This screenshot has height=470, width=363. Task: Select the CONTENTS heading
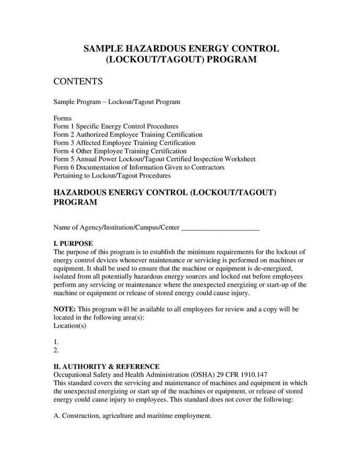pos(78,81)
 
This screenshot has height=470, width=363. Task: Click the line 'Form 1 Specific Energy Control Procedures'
pos(116,126)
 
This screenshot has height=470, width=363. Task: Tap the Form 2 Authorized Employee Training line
pos(128,135)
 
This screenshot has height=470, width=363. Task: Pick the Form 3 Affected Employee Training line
pos(124,143)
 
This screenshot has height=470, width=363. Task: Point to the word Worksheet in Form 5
pos(239,159)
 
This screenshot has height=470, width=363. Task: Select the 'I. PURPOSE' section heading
pos(74,243)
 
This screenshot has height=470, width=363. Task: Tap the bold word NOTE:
pos(65,309)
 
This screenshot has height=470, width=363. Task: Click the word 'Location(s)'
pos(70,325)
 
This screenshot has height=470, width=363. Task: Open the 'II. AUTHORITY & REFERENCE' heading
pos(107,366)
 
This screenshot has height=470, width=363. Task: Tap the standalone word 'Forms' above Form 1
pos(63,118)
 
